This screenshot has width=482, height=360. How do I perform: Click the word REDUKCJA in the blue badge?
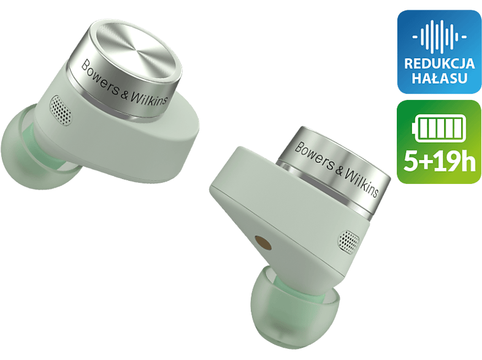coord(439,64)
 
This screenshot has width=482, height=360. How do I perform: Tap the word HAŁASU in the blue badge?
coord(439,78)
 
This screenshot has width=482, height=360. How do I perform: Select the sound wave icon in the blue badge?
coord(439,37)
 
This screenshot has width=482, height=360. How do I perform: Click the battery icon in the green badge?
coord(439,128)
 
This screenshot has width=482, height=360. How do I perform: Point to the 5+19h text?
coord(439,161)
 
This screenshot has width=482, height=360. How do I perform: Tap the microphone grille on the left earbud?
coord(61,110)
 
